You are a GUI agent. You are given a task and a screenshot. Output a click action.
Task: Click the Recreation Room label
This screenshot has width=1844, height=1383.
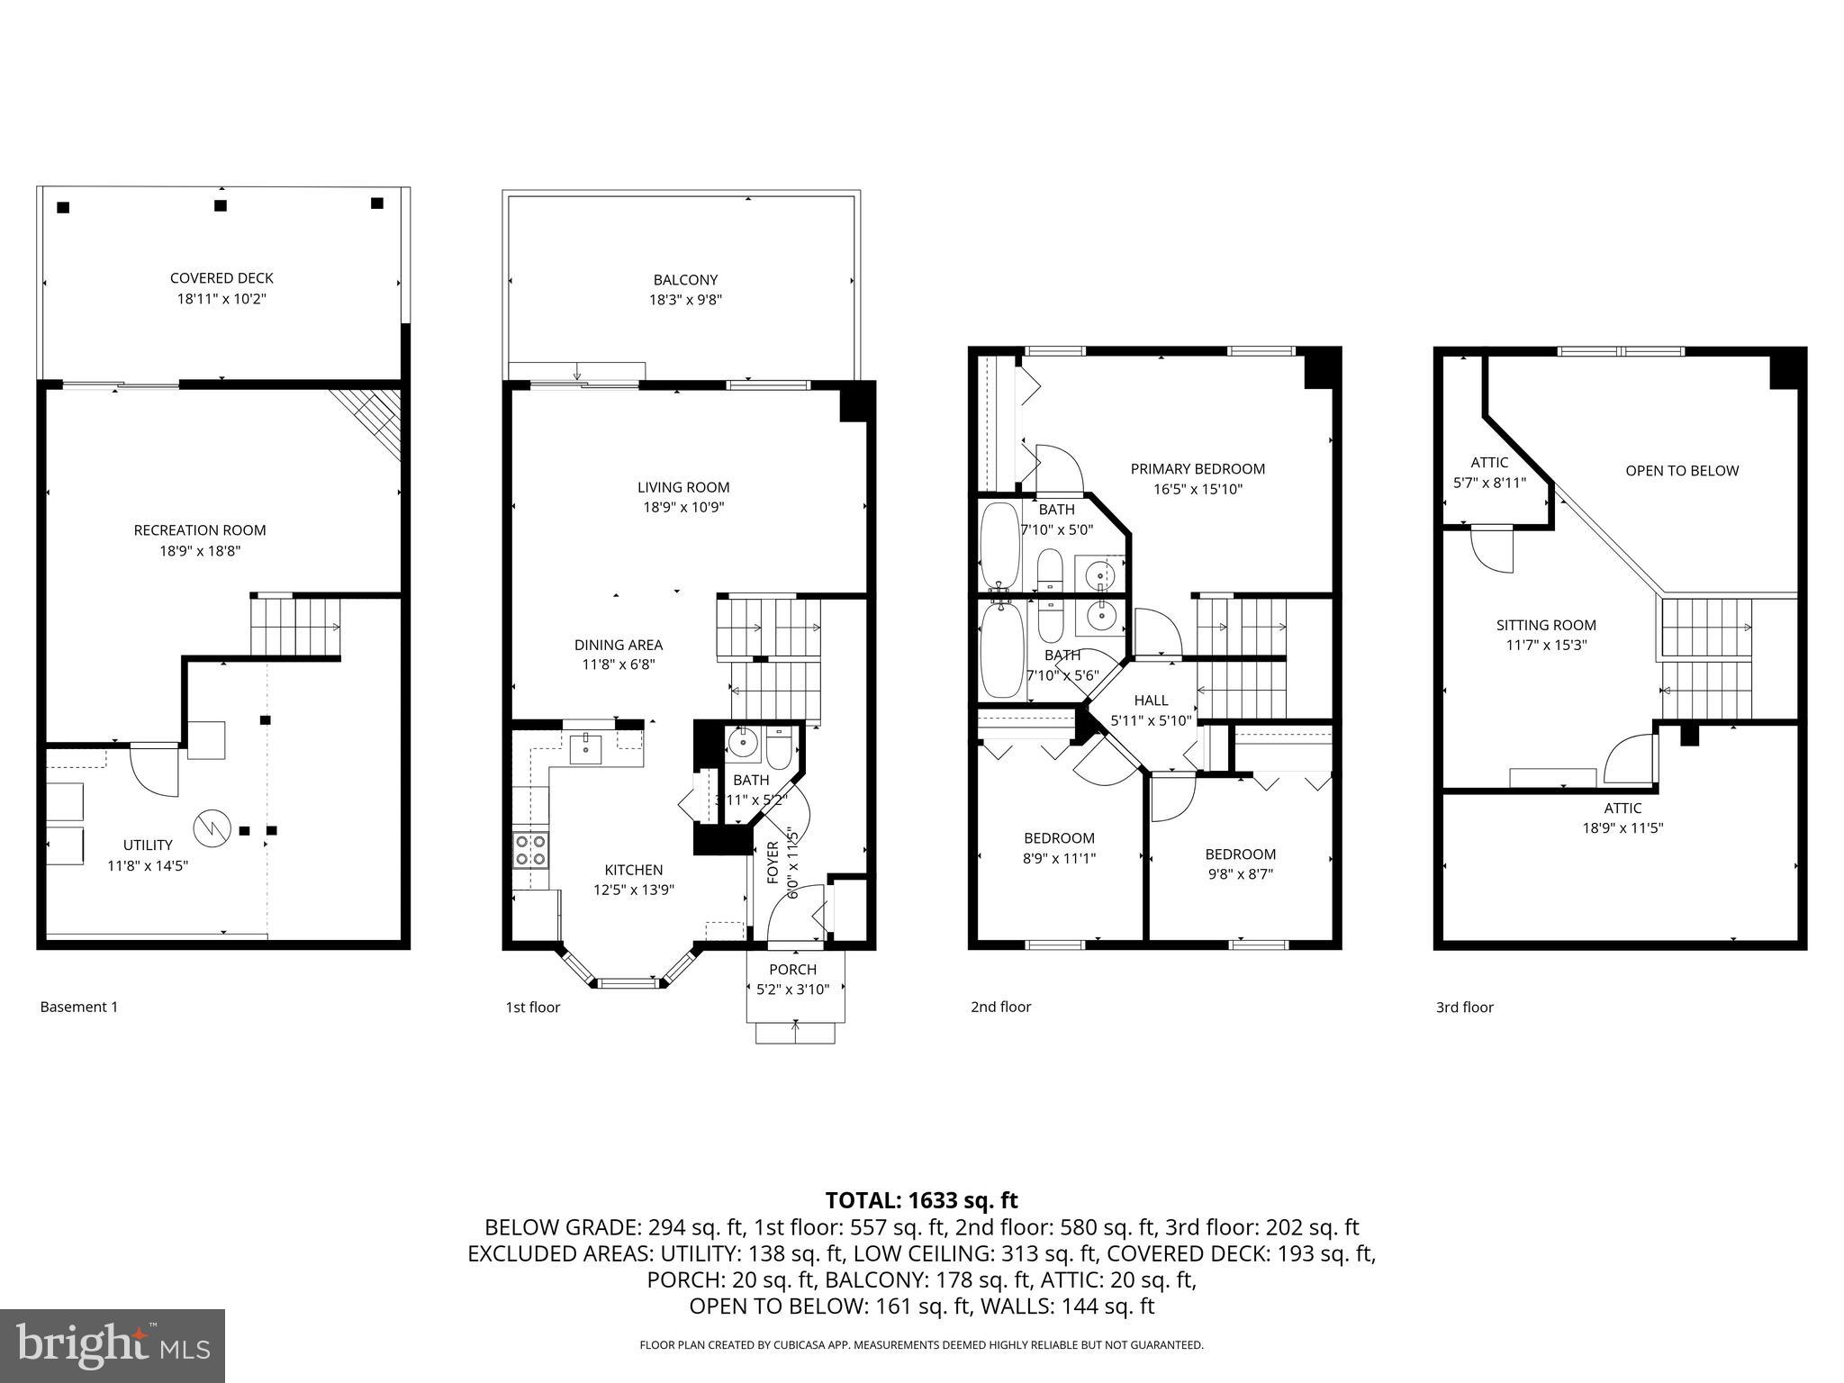click(200, 530)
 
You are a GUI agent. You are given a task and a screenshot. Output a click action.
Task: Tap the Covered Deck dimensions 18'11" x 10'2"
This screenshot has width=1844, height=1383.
click(221, 299)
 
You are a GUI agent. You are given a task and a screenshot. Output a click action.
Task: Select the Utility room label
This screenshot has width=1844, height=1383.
click(148, 845)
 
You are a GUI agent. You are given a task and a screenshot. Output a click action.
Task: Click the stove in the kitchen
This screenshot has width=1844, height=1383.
click(530, 850)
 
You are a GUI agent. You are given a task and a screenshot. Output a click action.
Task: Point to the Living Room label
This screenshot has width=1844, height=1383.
click(683, 487)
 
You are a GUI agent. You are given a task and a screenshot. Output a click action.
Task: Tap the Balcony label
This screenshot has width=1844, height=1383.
click(685, 280)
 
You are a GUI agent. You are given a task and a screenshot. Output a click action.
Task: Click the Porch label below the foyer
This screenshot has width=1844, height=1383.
click(792, 970)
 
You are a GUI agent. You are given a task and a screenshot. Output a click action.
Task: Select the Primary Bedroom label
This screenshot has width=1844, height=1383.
click(1198, 469)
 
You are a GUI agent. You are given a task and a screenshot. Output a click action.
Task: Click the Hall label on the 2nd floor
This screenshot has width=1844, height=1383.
click(1151, 701)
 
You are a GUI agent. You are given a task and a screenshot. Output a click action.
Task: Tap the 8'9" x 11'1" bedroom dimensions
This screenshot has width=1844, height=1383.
click(1059, 859)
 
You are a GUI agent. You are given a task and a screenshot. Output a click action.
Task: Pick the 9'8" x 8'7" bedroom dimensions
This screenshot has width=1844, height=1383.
click(1240, 874)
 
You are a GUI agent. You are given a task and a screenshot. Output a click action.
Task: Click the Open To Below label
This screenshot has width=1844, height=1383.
click(1681, 471)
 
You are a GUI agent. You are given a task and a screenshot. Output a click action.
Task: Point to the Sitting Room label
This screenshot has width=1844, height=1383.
click(1546, 625)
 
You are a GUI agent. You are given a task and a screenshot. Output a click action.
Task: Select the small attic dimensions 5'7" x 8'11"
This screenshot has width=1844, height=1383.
click(1489, 483)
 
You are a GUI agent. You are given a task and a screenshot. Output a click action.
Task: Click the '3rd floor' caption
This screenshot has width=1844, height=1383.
click(1464, 1008)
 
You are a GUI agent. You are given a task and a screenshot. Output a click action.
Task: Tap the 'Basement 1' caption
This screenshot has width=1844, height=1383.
click(79, 1008)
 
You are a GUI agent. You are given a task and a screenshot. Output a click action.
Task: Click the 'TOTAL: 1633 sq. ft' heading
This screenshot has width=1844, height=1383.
click(921, 1200)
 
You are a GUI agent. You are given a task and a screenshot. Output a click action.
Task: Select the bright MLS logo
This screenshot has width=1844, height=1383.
click(113, 1345)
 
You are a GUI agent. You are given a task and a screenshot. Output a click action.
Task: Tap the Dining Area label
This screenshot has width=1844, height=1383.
click(618, 645)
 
